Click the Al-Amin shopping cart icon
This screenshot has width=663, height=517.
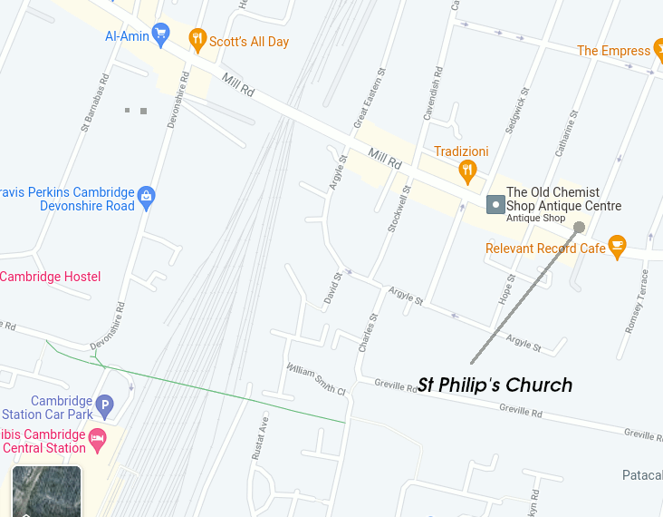pos(161,35)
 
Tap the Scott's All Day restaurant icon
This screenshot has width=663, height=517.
pos(197,39)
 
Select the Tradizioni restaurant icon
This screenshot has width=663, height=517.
pos(467,170)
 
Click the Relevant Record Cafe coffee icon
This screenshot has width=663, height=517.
pos(617,246)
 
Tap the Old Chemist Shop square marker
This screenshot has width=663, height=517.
pos(495,205)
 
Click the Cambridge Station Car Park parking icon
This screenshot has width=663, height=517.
pos(105,406)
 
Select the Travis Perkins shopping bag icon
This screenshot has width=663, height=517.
pos(147,195)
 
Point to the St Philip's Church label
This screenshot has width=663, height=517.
pos(495,385)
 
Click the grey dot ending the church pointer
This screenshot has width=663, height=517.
pos(580,228)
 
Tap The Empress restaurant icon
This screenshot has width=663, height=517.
pos(658,50)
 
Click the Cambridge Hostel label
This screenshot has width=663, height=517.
pos(51,277)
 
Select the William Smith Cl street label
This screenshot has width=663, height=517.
pos(316,380)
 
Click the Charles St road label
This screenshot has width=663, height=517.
pos(367,333)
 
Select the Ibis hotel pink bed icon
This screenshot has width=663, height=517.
pos(97,441)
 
